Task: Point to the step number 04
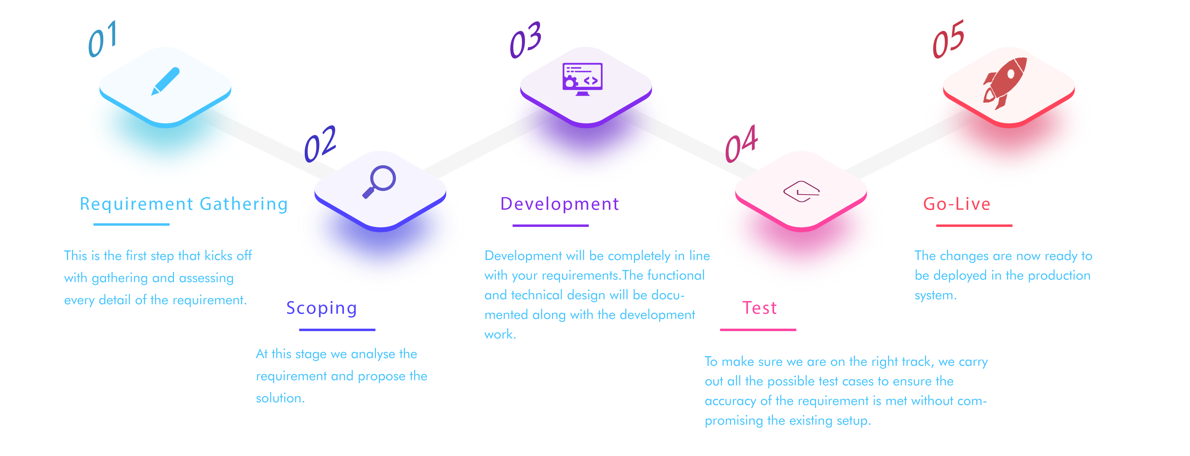click(x=741, y=143)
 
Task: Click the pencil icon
click(x=165, y=81)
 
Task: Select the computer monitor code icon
click(x=583, y=79)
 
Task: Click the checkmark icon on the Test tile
click(x=801, y=191)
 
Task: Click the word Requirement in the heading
click(x=136, y=204)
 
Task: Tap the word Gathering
click(x=244, y=204)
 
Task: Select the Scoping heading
click(x=321, y=308)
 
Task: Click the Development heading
click(x=559, y=204)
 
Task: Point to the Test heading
click(x=759, y=308)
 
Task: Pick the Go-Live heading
click(x=957, y=204)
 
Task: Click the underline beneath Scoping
click(x=337, y=330)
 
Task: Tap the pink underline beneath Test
click(x=758, y=330)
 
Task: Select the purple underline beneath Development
click(x=550, y=226)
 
